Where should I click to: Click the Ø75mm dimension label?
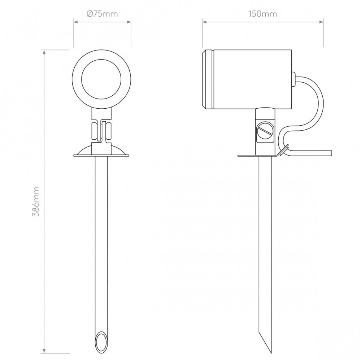click(x=102, y=14)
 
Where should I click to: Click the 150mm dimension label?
click(x=263, y=14)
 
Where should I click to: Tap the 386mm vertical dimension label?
click(x=36, y=201)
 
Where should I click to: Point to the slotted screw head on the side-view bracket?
click(x=265, y=130)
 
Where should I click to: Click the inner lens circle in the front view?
click(x=101, y=79)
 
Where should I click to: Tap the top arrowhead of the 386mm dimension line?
click(x=44, y=53)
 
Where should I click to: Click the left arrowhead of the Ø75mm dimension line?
click(x=77, y=22)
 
